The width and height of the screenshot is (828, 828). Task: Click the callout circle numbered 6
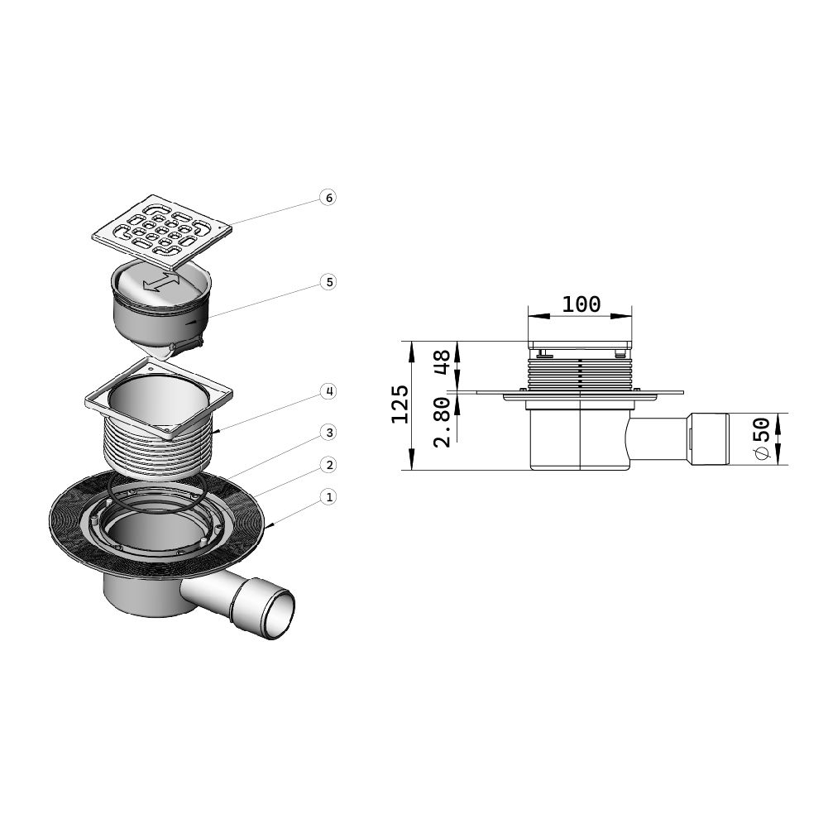(x=328, y=198)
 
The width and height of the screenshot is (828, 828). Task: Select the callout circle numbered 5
(x=328, y=282)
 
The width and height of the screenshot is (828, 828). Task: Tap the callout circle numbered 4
(x=328, y=391)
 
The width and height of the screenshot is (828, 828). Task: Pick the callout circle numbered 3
(x=328, y=433)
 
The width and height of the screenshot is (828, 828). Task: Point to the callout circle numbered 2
(x=328, y=465)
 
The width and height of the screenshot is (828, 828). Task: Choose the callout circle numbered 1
(x=328, y=497)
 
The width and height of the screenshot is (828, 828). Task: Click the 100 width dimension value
(x=581, y=304)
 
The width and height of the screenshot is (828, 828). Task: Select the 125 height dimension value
(x=400, y=404)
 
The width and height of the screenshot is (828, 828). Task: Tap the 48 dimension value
(x=442, y=361)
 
